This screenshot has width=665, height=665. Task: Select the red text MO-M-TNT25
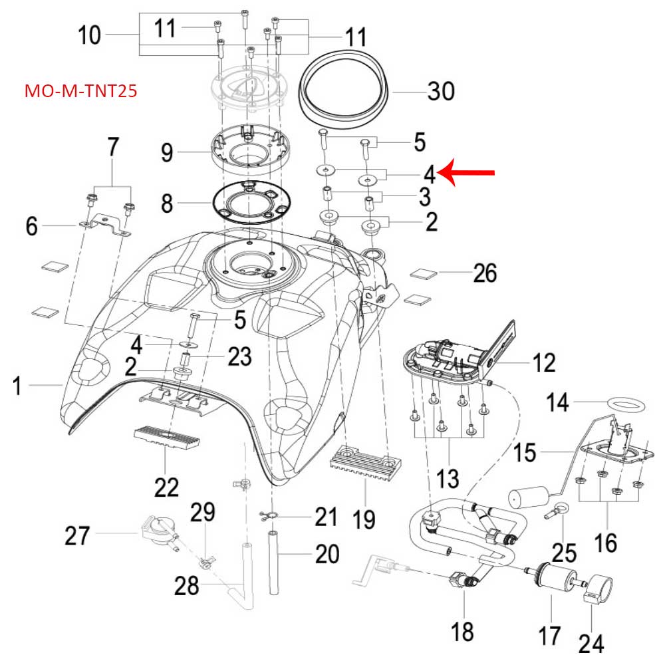[x=80, y=91]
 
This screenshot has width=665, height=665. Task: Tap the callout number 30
[x=440, y=90]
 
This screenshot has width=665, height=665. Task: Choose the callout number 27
[x=77, y=535]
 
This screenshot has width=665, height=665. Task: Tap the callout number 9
[x=166, y=153]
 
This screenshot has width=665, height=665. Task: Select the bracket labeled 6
[x=106, y=225]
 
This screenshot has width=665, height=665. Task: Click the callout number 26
[x=484, y=273]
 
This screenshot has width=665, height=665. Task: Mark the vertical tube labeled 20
[x=273, y=562]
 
